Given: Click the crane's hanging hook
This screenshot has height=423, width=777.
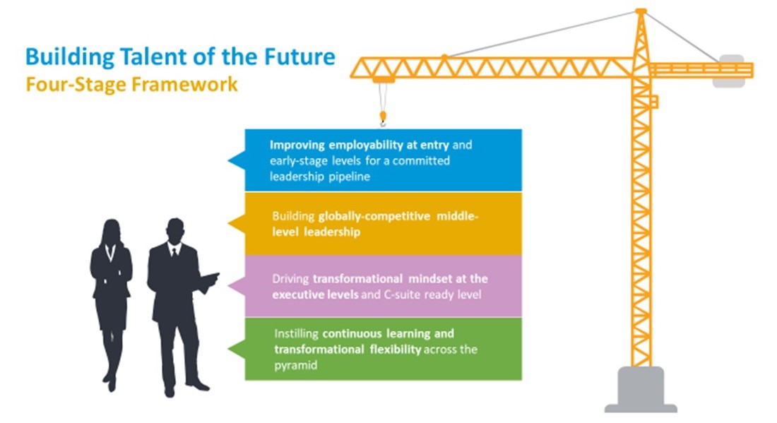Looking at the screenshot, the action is pyautogui.click(x=383, y=119).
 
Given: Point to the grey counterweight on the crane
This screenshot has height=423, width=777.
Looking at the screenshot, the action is pyautogui.click(x=728, y=71).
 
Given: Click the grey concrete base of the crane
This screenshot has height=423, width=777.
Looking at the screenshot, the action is pyautogui.click(x=641, y=390).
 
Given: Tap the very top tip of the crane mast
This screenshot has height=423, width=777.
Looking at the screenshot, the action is pyautogui.click(x=641, y=10).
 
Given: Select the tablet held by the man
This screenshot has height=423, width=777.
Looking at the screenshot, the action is pyautogui.click(x=210, y=279).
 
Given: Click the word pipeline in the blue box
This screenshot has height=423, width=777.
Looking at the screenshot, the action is pyautogui.click(x=349, y=177).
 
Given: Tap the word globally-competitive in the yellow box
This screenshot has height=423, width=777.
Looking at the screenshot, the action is pyautogui.click(x=374, y=217).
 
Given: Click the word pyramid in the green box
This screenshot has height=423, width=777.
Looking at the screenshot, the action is pyautogui.click(x=296, y=366).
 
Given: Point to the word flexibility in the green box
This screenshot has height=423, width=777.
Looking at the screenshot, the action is pyautogui.click(x=396, y=350).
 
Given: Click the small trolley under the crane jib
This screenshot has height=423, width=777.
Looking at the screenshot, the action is pyautogui.click(x=384, y=80).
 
